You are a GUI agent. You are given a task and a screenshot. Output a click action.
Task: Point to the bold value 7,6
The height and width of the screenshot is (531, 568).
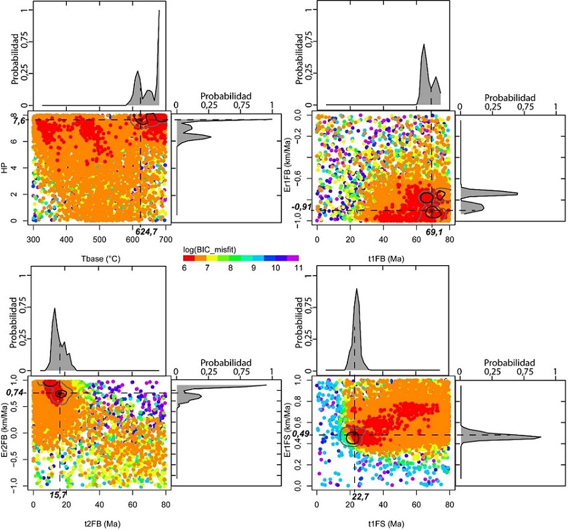pyautogui.click(x=18, y=121)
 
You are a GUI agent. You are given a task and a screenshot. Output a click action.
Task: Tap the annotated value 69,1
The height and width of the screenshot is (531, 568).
pyautogui.click(x=435, y=232)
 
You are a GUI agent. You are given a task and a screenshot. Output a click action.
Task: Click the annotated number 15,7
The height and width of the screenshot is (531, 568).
pyautogui.click(x=59, y=495)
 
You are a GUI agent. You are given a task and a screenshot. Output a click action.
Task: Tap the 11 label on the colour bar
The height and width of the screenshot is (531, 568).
pyautogui.click(x=293, y=269)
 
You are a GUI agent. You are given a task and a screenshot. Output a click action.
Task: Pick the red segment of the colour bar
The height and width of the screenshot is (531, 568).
pyautogui.click(x=190, y=257)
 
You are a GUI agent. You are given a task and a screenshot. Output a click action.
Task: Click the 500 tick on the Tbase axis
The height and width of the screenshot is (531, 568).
pyautogui.click(x=100, y=240)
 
